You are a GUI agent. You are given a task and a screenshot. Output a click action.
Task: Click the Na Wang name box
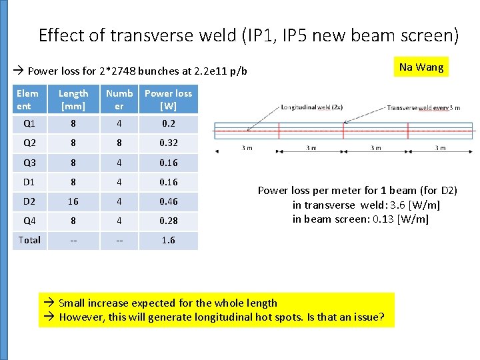point(421,67)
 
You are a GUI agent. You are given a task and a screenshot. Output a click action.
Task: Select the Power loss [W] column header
point(168,100)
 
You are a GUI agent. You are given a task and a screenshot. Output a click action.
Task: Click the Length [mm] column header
point(73,100)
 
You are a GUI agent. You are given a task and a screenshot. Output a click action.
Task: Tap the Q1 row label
point(29,123)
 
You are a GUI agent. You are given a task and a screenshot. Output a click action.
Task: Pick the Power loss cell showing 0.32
point(168,143)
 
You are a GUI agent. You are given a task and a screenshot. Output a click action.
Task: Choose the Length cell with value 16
point(73,201)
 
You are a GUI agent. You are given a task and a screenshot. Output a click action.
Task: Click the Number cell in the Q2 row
point(119,143)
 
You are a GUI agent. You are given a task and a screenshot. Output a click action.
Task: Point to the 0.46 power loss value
point(168,201)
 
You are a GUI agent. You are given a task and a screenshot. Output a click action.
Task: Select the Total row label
point(29,240)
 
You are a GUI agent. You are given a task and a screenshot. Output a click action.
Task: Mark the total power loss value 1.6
point(168,240)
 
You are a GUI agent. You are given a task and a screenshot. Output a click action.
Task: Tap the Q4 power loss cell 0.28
point(168,221)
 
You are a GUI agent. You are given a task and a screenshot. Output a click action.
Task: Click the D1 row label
point(29,181)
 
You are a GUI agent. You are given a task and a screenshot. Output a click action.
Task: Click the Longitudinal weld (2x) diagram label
point(312,107)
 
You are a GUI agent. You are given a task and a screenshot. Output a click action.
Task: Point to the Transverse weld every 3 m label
point(423,107)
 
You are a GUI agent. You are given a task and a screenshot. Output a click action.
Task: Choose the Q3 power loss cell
point(168,162)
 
